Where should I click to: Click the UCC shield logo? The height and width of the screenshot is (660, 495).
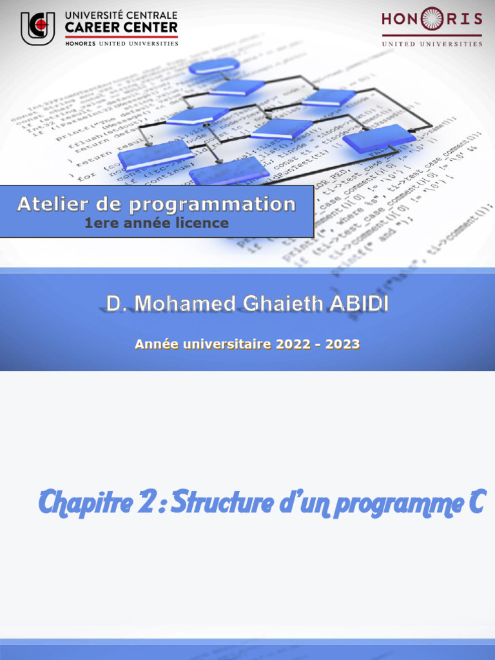point(37,28)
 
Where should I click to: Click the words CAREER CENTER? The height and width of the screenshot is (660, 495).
point(121,28)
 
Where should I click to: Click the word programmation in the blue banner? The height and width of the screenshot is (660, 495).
point(213,205)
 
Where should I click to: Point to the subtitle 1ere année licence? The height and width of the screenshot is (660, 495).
point(157,224)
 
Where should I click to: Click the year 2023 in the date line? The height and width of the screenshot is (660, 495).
point(342,344)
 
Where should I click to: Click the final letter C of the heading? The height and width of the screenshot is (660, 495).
point(476,502)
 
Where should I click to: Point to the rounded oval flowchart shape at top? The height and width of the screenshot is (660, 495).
point(214,65)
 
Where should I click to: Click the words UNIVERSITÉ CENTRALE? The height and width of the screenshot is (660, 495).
point(121,15)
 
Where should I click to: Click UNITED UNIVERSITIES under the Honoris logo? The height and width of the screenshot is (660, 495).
point(432,44)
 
